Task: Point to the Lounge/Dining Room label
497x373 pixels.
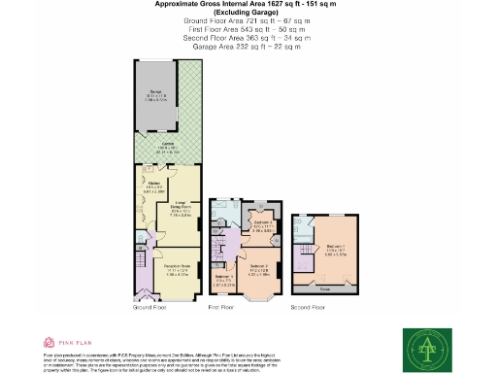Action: point(182,209)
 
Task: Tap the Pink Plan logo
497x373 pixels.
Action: point(66,342)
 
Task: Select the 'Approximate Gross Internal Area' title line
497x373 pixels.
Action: point(248,5)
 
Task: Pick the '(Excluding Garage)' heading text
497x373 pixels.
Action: point(248,13)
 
